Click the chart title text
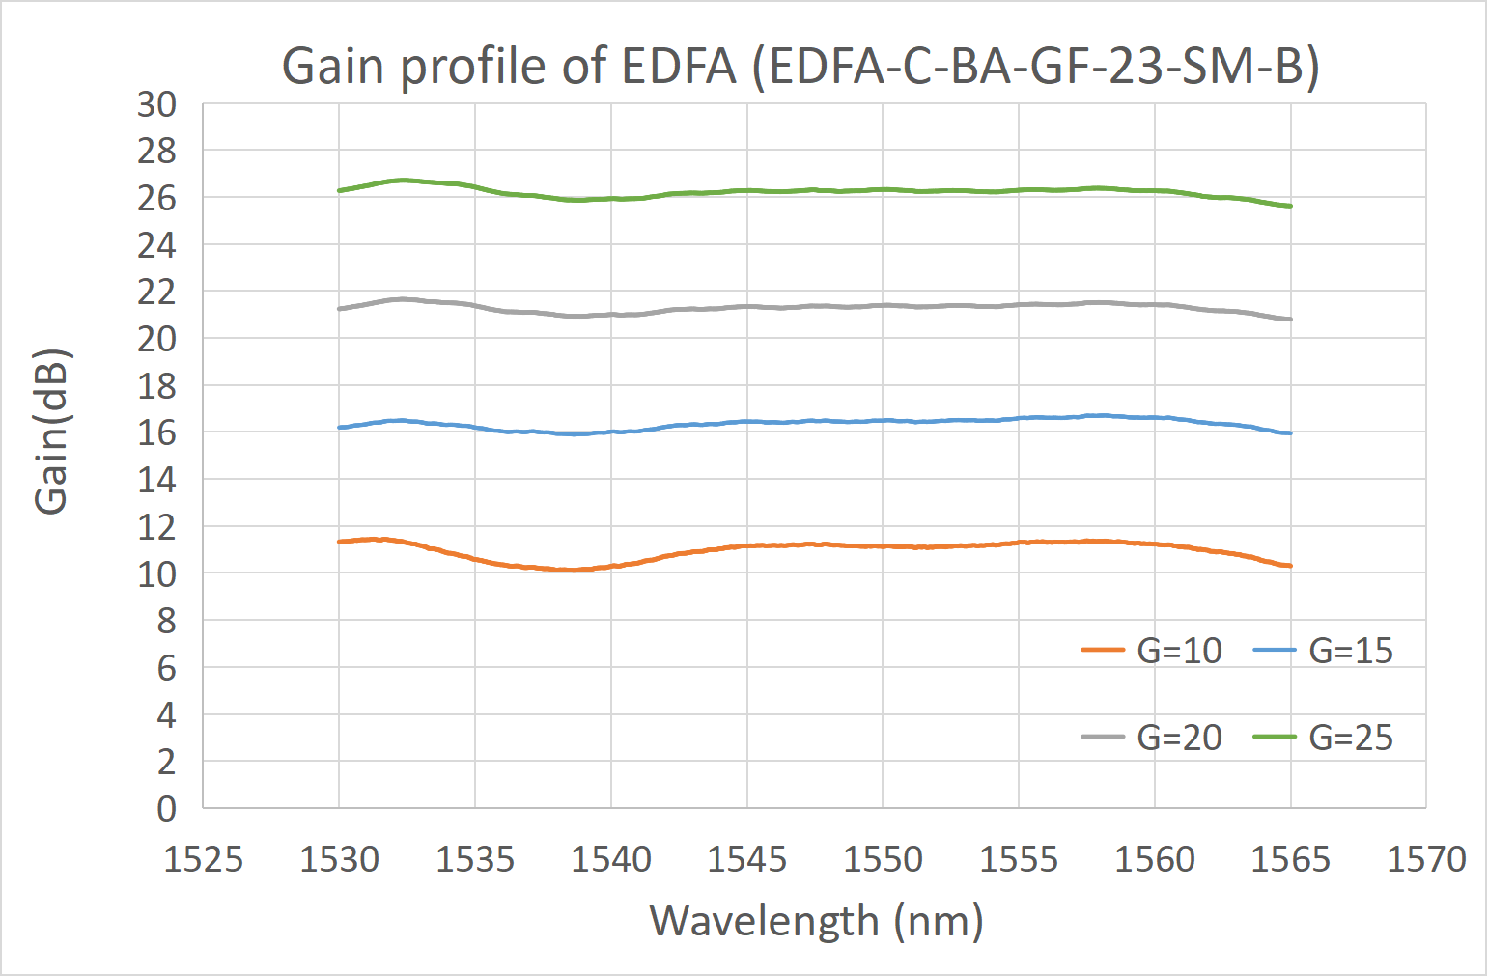[x=800, y=67]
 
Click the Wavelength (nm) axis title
[x=816, y=920]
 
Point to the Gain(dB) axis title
[x=51, y=431]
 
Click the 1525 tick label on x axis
[x=203, y=858]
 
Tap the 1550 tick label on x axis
[x=883, y=858]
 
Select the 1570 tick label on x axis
[x=1426, y=858]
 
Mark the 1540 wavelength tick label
[x=611, y=858]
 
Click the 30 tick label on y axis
[x=156, y=104]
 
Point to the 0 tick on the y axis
[x=166, y=808]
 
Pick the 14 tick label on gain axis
[x=156, y=480]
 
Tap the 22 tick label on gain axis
[x=156, y=292]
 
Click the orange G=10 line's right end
[x=1290, y=566]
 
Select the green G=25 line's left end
[x=340, y=190]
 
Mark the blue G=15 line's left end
[x=340, y=427]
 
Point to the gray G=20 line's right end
[x=1290, y=319]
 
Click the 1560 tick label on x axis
[x=1155, y=858]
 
